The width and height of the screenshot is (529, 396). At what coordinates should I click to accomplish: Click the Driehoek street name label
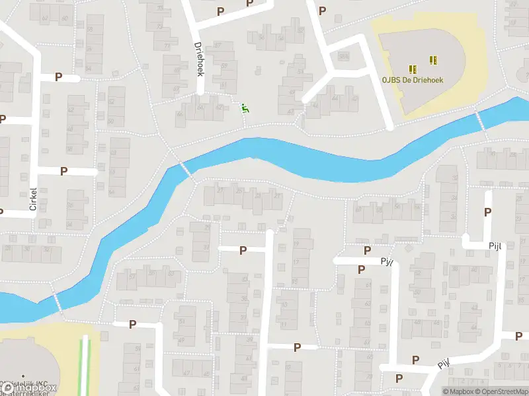click(x=199, y=59)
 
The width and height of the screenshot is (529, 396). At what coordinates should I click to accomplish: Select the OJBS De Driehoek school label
click(x=412, y=80)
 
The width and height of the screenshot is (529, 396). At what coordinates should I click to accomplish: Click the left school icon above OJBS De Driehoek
click(x=413, y=69)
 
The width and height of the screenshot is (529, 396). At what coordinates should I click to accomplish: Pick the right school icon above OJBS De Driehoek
click(x=433, y=60)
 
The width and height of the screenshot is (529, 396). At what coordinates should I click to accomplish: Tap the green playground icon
click(x=245, y=108)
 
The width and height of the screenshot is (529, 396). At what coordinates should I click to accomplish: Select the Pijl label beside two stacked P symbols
click(x=387, y=261)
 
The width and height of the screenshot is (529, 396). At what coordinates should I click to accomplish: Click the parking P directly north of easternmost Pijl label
click(x=488, y=212)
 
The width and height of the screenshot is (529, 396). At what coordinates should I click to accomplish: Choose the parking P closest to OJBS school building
click(x=322, y=10)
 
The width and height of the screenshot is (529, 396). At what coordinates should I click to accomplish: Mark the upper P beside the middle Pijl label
click(x=367, y=250)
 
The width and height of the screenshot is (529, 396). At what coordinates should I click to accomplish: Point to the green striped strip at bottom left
click(x=84, y=366)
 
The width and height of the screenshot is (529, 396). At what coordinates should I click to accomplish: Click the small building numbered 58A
click(x=343, y=57)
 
